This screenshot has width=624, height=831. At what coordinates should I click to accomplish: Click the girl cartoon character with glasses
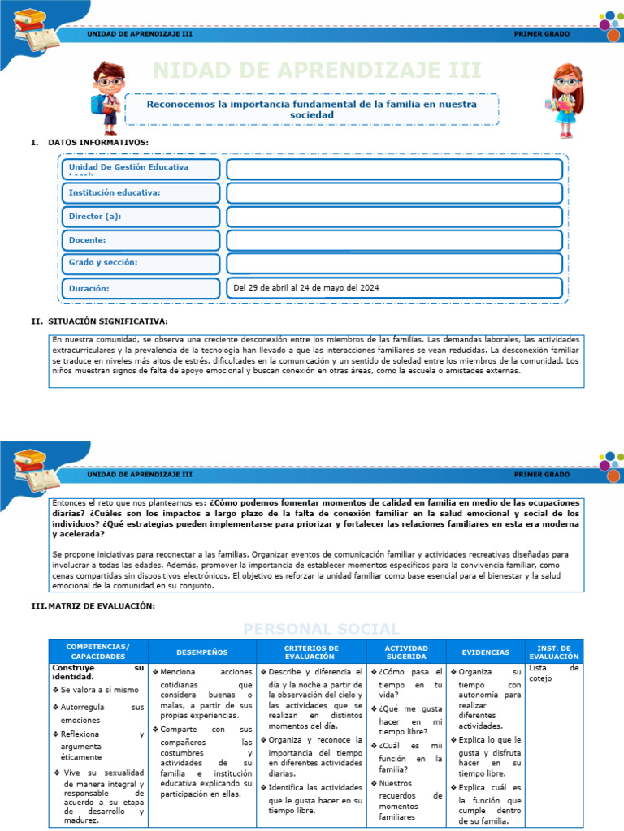point(565,99)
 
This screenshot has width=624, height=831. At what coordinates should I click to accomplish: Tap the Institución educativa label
point(115,192)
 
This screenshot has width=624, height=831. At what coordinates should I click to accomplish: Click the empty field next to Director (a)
point(394,217)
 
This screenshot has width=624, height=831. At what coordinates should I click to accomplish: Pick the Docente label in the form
point(88,240)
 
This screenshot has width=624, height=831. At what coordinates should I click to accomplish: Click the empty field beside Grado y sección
point(394,264)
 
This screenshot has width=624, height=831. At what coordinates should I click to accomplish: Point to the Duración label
point(89,288)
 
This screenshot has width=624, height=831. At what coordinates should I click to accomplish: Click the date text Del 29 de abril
point(305,288)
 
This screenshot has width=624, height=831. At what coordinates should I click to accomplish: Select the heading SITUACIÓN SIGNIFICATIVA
point(108,321)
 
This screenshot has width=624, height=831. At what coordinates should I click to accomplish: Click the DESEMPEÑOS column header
point(202,652)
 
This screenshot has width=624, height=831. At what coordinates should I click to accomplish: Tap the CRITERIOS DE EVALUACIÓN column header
point(310,652)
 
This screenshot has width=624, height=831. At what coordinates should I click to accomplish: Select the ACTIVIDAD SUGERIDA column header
point(405,652)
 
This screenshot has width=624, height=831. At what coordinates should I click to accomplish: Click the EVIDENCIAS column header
point(486,652)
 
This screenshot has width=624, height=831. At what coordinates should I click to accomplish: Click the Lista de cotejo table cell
point(553,673)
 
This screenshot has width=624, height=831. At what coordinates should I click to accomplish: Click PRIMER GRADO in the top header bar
point(542,34)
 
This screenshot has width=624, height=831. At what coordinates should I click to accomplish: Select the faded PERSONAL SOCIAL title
point(321,629)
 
